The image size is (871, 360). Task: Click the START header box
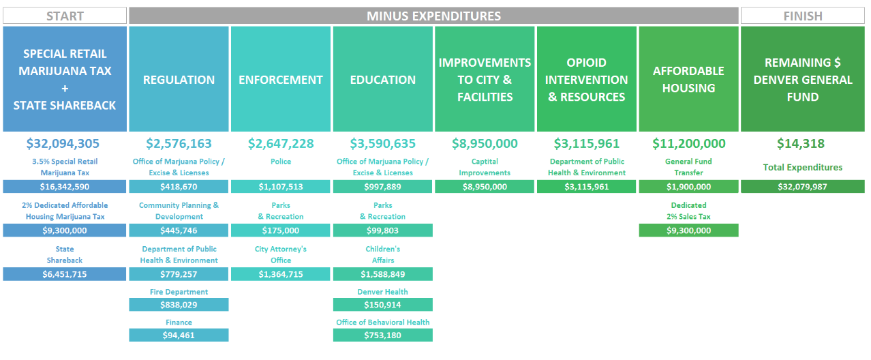pyautogui.click(x=65, y=16)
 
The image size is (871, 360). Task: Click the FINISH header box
pyautogui.click(x=803, y=16)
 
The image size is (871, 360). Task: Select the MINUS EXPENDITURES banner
pyautogui.click(x=433, y=16)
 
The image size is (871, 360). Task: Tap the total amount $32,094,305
pyautogui.click(x=63, y=144)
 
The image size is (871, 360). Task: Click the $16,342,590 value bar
pyautogui.click(x=65, y=187)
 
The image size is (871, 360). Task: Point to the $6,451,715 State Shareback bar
pyautogui.click(x=65, y=274)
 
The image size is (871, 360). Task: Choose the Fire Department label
pyautogui.click(x=179, y=292)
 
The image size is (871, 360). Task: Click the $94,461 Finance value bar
pyautogui.click(x=179, y=335)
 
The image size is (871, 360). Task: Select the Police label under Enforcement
pyautogui.click(x=281, y=162)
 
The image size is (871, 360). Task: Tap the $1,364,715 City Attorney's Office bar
pyautogui.click(x=281, y=274)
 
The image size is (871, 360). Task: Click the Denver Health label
pyautogui.click(x=382, y=292)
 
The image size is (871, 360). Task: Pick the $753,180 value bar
pyautogui.click(x=382, y=335)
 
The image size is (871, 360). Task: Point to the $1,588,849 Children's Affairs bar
pyautogui.click(x=382, y=274)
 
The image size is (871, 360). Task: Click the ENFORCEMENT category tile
pyautogui.click(x=281, y=79)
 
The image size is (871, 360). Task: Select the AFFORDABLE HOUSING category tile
pyautogui.click(x=688, y=79)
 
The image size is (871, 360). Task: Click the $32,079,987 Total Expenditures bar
pyautogui.click(x=803, y=187)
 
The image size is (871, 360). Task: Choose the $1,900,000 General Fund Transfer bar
pyautogui.click(x=688, y=187)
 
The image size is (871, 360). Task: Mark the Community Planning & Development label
pyautogui.click(x=179, y=211)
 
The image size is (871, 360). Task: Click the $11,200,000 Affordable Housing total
pyautogui.click(x=688, y=144)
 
